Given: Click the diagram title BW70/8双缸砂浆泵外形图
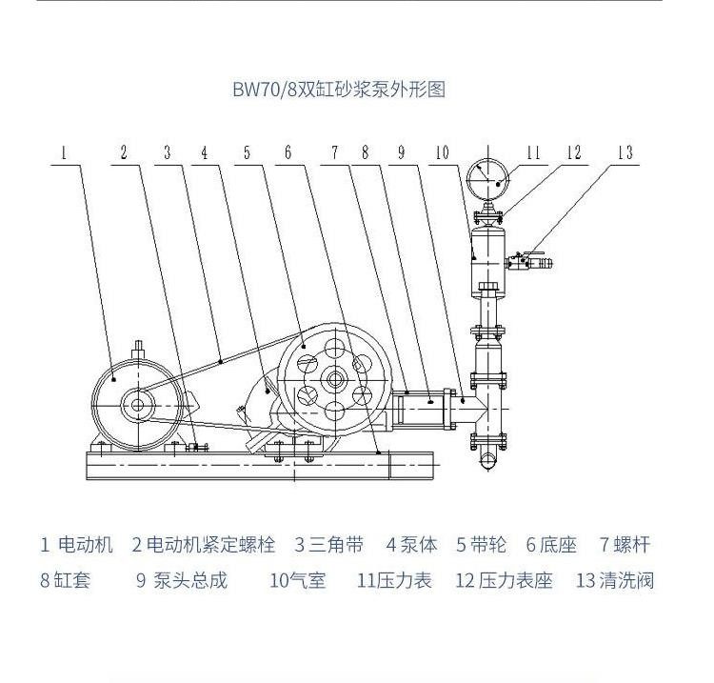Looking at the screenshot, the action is (339, 90).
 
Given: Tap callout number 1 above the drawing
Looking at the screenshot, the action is (64, 152).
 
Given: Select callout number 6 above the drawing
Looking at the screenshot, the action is (288, 152).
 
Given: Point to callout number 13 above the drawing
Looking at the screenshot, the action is (625, 152).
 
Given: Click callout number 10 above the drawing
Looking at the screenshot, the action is (442, 152).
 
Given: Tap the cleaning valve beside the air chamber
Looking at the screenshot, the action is (528, 262).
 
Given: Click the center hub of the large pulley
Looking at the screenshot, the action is (336, 379).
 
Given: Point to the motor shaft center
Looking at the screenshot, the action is (137, 405).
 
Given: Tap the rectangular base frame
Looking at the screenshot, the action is (260, 465).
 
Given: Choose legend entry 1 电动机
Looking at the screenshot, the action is (76, 545).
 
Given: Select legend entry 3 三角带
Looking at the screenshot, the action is (328, 545).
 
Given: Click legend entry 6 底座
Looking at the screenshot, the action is (551, 545).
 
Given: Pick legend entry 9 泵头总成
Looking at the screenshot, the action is (181, 580).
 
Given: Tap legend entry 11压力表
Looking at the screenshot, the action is (394, 580).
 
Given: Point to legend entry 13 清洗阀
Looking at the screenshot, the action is (615, 580).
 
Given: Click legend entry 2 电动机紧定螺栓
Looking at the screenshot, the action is (204, 545).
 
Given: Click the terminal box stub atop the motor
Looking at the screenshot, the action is (138, 351).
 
